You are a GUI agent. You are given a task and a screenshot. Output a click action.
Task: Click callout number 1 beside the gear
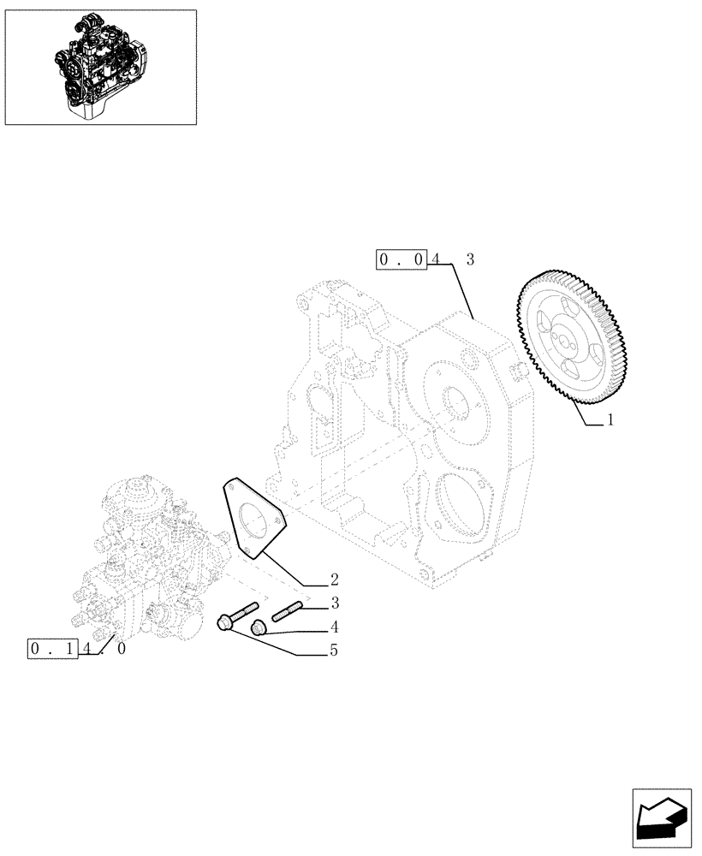coord(610,420)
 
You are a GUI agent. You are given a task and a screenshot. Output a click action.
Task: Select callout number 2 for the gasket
coord(334,580)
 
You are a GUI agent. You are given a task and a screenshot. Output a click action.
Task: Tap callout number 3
coord(335,603)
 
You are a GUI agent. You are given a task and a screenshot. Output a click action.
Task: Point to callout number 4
coord(335,626)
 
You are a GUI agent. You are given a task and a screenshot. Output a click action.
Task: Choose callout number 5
coord(334,651)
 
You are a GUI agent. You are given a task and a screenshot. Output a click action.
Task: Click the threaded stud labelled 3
coord(288,613)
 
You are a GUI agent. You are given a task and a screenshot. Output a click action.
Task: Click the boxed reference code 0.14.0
coord(77,649)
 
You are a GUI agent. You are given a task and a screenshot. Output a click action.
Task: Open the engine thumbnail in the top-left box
coord(100,67)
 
